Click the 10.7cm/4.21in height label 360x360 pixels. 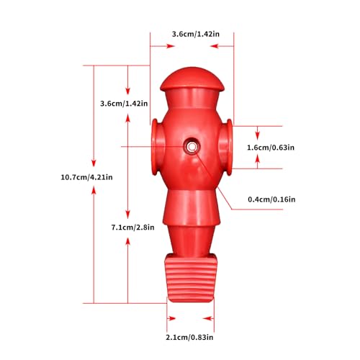coord(86,177)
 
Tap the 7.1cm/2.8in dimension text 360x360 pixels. coord(132,228)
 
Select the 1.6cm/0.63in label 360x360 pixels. coord(271,148)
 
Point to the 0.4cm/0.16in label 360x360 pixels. coord(271,199)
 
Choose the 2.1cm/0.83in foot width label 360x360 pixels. coord(189,337)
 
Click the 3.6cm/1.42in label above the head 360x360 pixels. coord(196,34)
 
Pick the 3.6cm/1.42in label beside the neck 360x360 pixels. coord(124,104)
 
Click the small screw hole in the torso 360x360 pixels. coord(192,146)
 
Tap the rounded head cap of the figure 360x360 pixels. coord(192,78)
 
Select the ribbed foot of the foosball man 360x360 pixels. coord(191,279)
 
